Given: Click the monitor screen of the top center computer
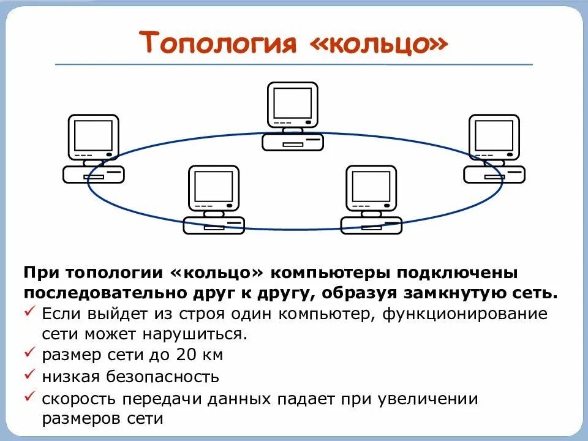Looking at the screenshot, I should tap(292, 103).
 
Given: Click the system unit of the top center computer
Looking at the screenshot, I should tap(292, 143).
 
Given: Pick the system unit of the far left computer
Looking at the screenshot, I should tap(94, 175).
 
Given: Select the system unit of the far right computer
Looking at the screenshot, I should tap(494, 175).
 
